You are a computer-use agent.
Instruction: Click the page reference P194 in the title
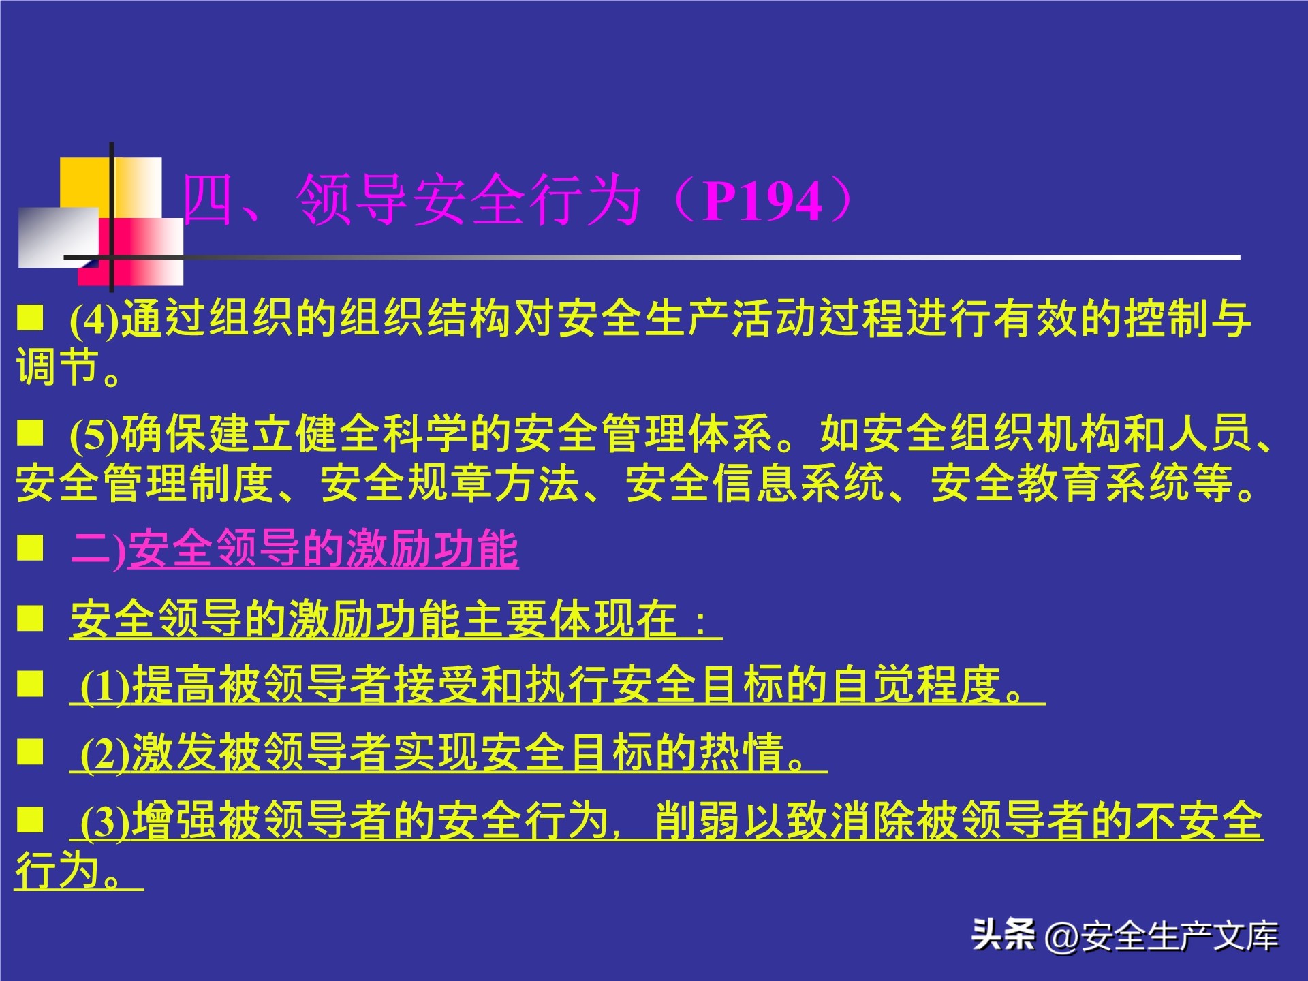(x=763, y=202)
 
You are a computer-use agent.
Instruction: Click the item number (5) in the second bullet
(x=94, y=435)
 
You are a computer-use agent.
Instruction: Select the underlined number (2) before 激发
(x=105, y=753)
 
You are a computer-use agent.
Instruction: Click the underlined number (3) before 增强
(x=105, y=822)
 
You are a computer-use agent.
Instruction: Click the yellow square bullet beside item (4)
(x=30, y=317)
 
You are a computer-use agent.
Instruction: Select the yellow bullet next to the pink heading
(x=30, y=547)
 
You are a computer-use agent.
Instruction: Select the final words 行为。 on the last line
(x=68, y=870)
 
